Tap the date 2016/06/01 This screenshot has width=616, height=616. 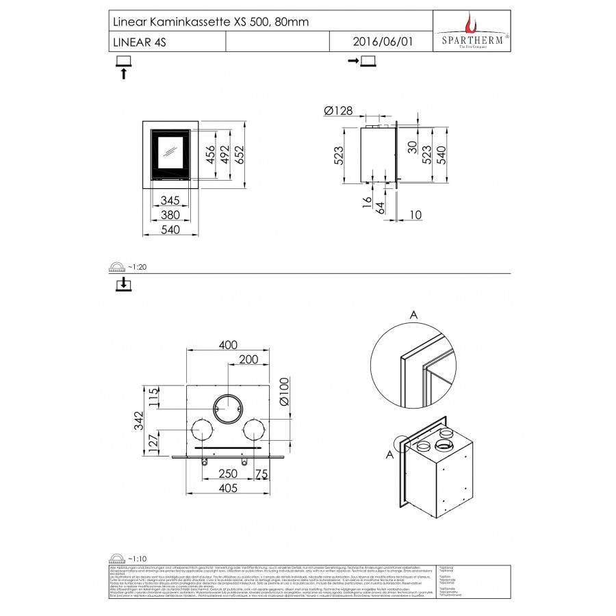point(383,42)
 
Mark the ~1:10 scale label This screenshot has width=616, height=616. point(137,559)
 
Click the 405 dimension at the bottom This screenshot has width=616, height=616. point(227,488)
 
